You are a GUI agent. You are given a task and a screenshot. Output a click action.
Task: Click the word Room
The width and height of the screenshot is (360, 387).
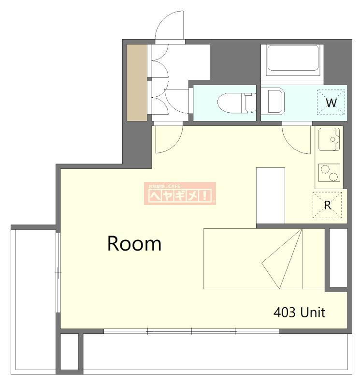pyautogui.click(x=134, y=244)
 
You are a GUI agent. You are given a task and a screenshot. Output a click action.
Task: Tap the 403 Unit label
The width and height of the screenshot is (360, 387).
pyautogui.click(x=299, y=313)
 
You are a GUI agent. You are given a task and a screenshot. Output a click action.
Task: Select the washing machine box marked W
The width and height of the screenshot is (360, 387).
pyautogui.click(x=331, y=102)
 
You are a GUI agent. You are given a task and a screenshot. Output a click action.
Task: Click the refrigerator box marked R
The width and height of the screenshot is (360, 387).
pyautogui.click(x=327, y=205)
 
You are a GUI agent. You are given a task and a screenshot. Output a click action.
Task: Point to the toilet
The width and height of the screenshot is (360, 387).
pyautogui.click(x=236, y=103)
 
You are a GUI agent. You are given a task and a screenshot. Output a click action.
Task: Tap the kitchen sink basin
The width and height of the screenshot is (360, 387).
pyautogui.click(x=329, y=139)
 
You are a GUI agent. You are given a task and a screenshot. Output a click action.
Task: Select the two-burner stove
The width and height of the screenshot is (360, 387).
pyautogui.click(x=329, y=173)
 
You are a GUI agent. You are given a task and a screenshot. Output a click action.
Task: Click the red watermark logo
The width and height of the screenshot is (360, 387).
pyautogui.click(x=180, y=193)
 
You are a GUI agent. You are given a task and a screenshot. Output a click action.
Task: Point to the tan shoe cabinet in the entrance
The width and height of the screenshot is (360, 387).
pyautogui.click(x=137, y=83)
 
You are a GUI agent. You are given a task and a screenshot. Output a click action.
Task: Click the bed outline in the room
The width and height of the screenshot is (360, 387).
pyautogui.click(x=264, y=259)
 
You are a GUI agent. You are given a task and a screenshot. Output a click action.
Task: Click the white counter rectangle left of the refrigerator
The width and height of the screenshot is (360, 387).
pyautogui.click(x=271, y=196)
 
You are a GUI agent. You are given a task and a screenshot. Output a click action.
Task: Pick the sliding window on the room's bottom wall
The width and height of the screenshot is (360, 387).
pyautogui.click(x=191, y=331)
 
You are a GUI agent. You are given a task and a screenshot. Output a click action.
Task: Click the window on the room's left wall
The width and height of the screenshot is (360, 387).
pyautogui.click(x=58, y=273)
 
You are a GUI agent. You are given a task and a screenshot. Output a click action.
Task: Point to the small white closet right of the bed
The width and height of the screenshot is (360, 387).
pyautogui.click(x=338, y=258)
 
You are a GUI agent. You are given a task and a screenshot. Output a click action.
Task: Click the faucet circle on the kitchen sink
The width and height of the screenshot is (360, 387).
pyautogui.click(x=332, y=139)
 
